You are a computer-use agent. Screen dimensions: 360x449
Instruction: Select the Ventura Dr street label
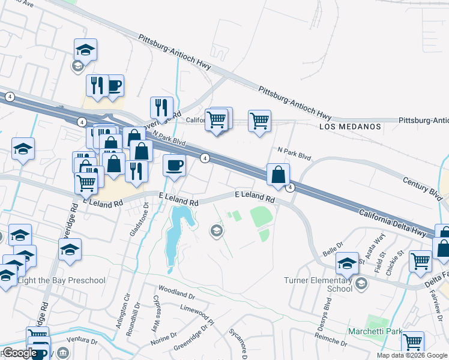click(82, 341)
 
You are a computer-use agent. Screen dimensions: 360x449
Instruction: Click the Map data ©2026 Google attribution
click(412, 355)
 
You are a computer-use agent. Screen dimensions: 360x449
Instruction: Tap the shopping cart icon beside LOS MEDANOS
click(259, 121)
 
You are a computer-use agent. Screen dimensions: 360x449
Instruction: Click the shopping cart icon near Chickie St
click(420, 260)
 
